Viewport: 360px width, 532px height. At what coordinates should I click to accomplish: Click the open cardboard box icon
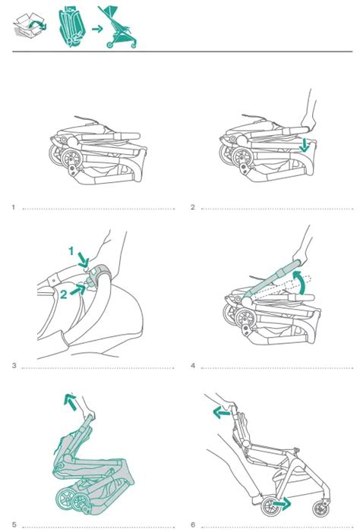point(30,25)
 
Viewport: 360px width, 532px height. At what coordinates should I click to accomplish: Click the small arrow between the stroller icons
point(97,29)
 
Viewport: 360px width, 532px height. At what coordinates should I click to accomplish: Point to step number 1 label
point(14,207)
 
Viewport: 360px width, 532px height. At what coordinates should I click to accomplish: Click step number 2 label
point(193,207)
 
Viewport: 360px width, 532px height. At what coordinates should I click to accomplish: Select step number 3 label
point(14,365)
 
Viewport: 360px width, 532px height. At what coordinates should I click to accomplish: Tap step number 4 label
point(193,365)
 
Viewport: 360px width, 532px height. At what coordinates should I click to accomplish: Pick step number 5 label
point(14,524)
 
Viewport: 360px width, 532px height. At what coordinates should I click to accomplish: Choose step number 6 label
point(193,524)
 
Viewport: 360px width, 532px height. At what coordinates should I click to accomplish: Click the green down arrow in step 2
point(305,145)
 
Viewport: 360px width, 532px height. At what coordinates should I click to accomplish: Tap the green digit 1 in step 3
point(71,251)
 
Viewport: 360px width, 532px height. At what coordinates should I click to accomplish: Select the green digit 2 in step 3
point(64,294)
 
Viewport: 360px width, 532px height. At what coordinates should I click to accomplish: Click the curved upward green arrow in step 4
point(301,281)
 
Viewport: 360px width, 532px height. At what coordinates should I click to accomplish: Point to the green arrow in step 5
point(71,401)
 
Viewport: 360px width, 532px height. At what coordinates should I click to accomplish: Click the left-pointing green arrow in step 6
point(222,413)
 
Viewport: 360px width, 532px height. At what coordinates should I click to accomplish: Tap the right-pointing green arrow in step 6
point(282,503)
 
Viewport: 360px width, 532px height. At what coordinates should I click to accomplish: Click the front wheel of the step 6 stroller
point(321,509)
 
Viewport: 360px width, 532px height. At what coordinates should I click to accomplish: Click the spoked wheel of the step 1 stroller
point(72,159)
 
